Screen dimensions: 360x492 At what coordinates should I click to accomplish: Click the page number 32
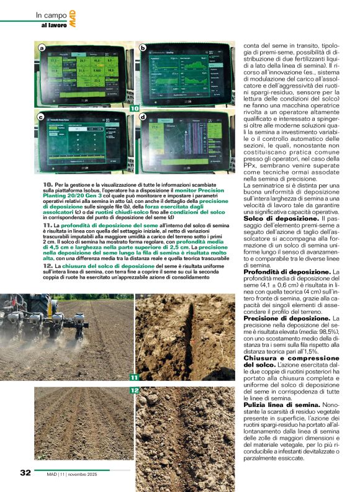point(25,472)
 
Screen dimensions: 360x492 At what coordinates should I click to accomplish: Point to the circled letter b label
point(142,48)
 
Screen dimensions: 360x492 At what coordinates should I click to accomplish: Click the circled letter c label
point(41,117)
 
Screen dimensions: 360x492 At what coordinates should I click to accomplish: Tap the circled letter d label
point(142,117)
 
